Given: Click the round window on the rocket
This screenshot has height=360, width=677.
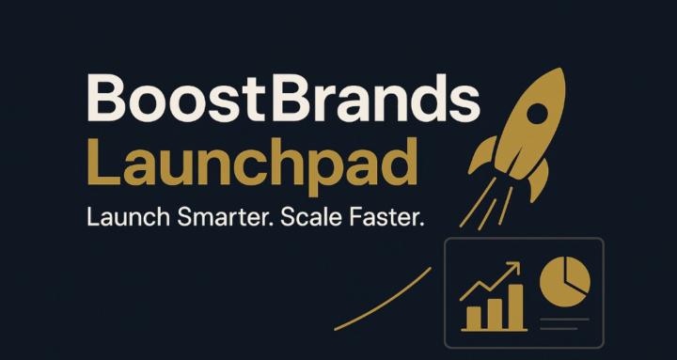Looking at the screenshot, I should point(537,112).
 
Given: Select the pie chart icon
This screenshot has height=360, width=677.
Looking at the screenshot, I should point(565,283).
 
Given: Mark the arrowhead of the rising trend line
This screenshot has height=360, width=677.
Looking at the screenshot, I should point(514,269).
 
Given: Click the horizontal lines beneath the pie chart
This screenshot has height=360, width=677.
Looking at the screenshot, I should point(565,323).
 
